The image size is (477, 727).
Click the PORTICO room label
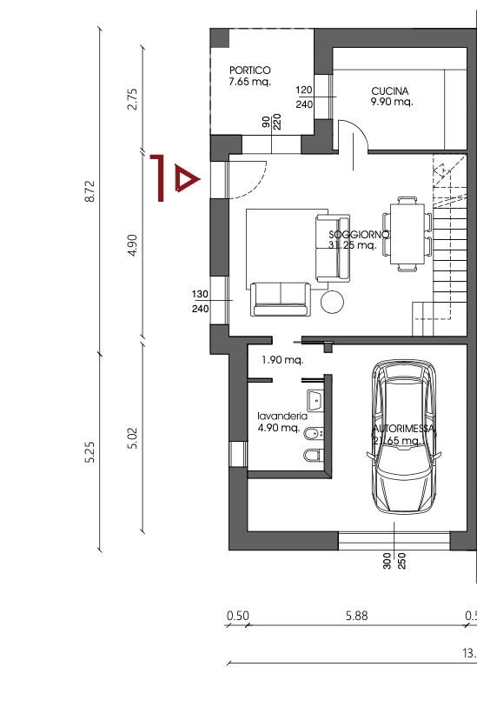249,70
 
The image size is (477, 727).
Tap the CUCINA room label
390,90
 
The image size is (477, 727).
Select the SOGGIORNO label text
359,235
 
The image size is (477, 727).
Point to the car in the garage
404,439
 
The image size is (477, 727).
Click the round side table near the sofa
332,302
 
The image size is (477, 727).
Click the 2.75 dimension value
132,97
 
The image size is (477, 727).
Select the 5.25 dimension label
90,453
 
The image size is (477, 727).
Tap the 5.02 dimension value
132,438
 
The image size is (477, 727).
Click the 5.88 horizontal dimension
356,616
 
